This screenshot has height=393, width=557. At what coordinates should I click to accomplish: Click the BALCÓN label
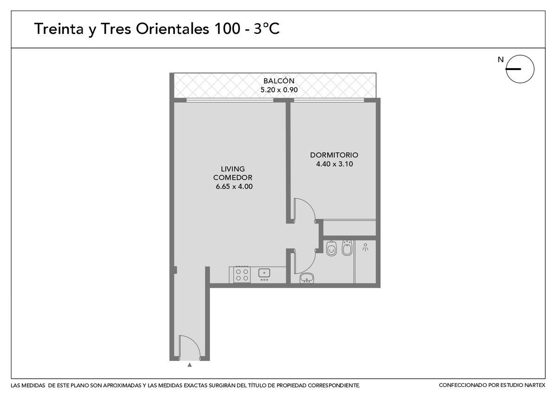[279, 81]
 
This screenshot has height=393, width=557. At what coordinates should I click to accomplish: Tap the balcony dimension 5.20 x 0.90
[279, 90]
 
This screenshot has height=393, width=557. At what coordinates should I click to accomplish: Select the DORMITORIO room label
[334, 155]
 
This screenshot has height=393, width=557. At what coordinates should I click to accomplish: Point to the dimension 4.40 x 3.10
[335, 164]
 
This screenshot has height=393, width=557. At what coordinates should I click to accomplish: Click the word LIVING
[233, 169]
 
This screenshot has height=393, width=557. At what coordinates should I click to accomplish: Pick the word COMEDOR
[233, 178]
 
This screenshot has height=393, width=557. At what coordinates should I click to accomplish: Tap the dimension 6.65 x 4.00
[234, 187]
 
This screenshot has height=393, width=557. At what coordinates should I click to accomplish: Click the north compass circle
[520, 69]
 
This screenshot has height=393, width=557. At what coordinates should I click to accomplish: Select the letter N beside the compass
[500, 60]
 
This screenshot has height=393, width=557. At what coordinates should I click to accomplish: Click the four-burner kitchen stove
[242, 274]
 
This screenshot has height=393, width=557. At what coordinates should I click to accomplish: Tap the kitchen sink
[264, 273]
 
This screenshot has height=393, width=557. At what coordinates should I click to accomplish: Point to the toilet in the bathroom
[331, 248]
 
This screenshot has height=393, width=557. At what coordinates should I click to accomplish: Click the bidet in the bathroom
[347, 248]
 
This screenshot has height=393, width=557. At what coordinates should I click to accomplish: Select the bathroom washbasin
[307, 278]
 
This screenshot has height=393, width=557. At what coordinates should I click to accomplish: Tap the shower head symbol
[365, 247]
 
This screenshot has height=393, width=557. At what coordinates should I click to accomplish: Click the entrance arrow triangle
[190, 365]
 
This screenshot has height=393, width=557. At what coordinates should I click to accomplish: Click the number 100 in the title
[227, 29]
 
